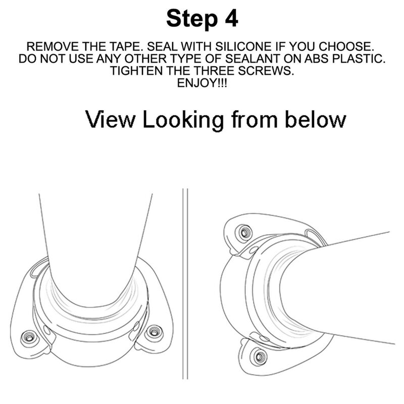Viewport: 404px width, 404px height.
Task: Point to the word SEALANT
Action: pos(218,59)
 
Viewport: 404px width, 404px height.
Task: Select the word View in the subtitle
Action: pos(111,120)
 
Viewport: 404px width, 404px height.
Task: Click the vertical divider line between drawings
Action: pos(185,283)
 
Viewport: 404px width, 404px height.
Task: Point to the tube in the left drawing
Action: pos(96,242)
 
